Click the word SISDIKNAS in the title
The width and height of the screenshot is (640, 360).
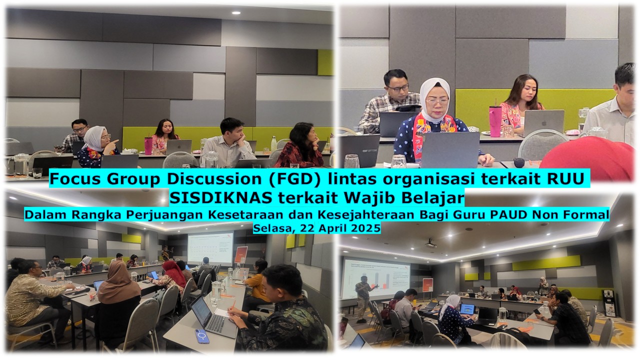[x=221, y=197]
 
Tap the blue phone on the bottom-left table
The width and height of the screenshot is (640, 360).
[x=202, y=336]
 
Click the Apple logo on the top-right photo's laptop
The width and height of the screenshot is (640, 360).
[x=544, y=123]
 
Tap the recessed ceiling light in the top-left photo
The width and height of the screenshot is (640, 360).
[x=236, y=13]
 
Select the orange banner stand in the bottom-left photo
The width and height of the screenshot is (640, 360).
[x=241, y=255]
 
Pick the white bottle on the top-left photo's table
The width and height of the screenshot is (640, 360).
[x=273, y=143]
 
